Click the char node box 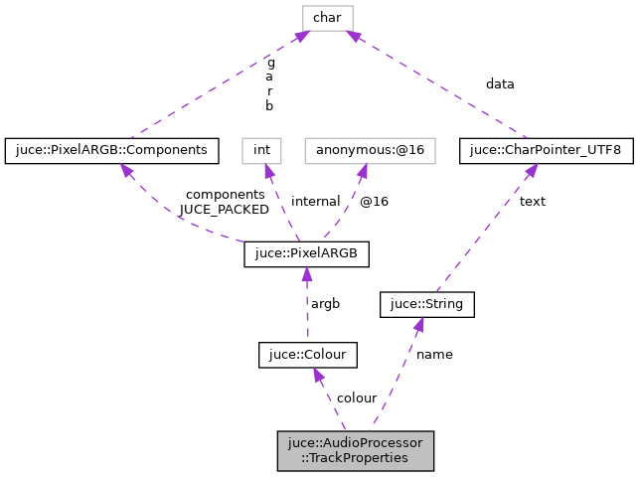click(328, 16)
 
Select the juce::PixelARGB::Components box click(112, 150)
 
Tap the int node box click(261, 150)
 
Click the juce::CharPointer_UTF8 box click(546, 150)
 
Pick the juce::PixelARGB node click(306, 254)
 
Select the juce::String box click(427, 304)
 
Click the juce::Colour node click(307, 354)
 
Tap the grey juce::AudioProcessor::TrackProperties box click(356, 450)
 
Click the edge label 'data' click(500, 84)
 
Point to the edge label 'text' click(532, 202)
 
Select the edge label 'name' click(434, 355)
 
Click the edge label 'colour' click(356, 398)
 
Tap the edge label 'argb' click(326, 303)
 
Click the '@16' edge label click(374, 202)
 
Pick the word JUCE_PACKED click(224, 210)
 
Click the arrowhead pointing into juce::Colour click(317, 375)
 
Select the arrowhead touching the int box click(266, 172)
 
